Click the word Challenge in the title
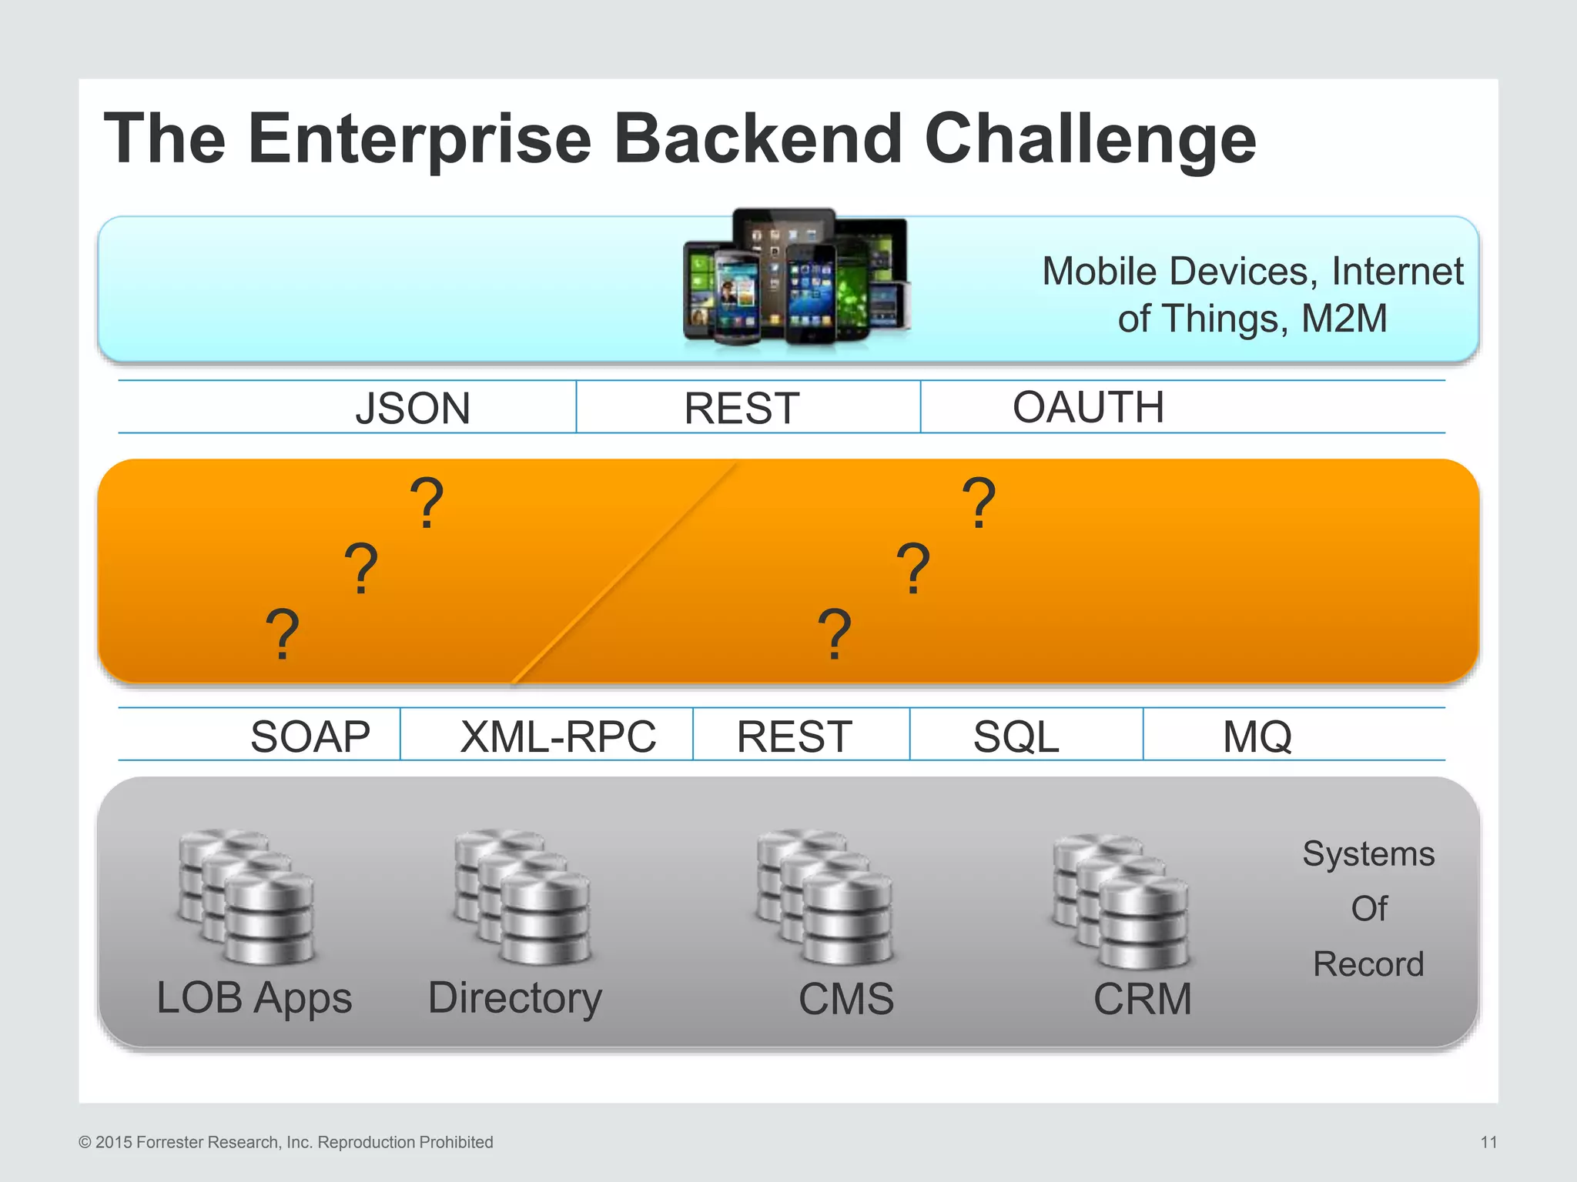[x=1090, y=140]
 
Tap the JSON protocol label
[x=413, y=408]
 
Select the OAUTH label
[x=1088, y=407]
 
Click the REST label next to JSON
[x=742, y=408]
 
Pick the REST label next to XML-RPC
[x=794, y=736]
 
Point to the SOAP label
[x=310, y=736]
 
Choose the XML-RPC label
[x=558, y=736]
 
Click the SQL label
[x=1016, y=736]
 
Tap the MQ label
[x=1257, y=736]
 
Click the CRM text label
[x=1143, y=999]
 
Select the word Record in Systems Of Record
[x=1368, y=964]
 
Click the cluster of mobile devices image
[x=797, y=277]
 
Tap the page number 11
[x=1488, y=1142]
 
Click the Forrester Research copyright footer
[x=286, y=1142]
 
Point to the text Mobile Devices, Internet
[x=1252, y=272]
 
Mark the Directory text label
[x=514, y=998]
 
